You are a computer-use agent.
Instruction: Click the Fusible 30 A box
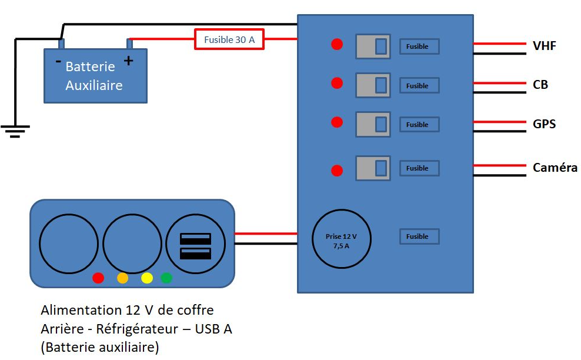tap(229, 39)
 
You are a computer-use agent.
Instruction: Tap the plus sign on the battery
tap(128, 60)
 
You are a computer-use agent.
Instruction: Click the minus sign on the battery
tap(58, 61)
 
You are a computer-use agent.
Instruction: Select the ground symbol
tap(15, 131)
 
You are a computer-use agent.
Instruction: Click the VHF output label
tap(545, 46)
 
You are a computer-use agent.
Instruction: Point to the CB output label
tap(540, 85)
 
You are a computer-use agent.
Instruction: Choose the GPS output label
tap(544, 124)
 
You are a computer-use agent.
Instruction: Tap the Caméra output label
tap(555, 168)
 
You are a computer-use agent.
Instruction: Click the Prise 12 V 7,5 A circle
tap(341, 241)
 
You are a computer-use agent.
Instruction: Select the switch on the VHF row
tap(373, 46)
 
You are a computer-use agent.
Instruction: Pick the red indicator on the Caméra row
tap(337, 171)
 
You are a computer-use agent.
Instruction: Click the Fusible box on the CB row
tap(419, 86)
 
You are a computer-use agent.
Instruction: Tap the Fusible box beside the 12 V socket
tap(419, 236)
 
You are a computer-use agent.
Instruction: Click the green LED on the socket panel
tap(166, 278)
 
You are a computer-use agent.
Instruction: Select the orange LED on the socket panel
tap(122, 278)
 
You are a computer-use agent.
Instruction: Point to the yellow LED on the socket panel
tap(147, 278)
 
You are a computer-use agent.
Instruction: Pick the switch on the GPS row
tap(373, 125)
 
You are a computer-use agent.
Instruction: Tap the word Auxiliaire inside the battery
tap(94, 85)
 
